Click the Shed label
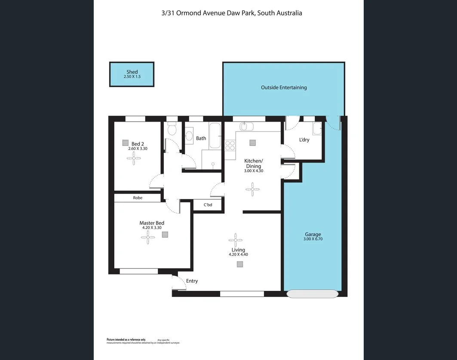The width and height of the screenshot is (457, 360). pos(132,72)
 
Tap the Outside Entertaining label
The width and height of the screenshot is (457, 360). pos(284,88)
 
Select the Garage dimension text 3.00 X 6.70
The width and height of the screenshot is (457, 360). pos(313,239)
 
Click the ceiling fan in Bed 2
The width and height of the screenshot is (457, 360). pos(134,159)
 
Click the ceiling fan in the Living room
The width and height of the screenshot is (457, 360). pos(236,240)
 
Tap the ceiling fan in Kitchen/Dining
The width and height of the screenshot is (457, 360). pos(252,189)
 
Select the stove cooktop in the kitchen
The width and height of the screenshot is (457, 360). pos(230,145)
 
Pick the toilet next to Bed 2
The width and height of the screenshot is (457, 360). pos(172,128)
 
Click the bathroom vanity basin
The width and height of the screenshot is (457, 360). pos(189,136)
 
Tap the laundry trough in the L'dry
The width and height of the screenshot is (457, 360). pos(317,128)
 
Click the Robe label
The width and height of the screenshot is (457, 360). pos(138,198)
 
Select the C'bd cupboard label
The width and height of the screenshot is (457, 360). pos(208,205)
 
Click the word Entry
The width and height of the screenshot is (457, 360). pos(192,281)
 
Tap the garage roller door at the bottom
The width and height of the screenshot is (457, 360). pos(313,294)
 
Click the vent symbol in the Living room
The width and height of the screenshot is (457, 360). pos(239,265)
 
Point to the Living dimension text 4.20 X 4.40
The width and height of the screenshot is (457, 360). pos(238,255)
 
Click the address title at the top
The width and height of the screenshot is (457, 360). pos(231,13)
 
